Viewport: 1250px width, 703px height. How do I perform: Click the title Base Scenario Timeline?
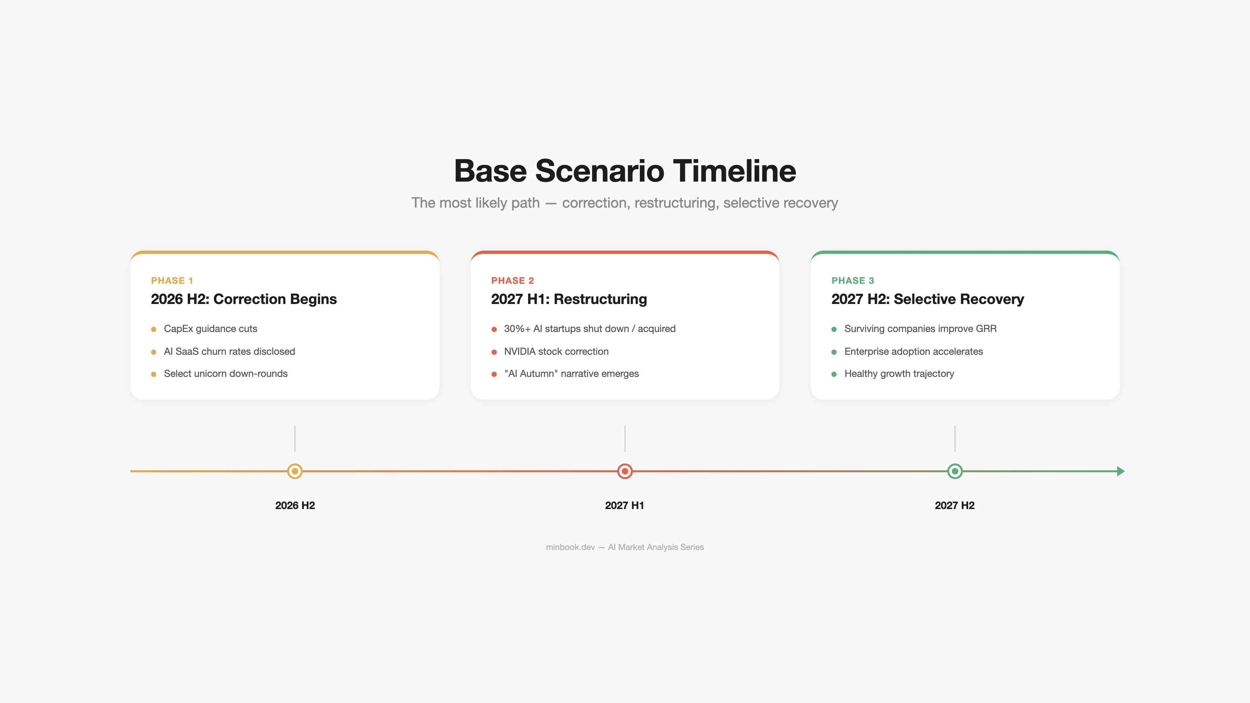[x=625, y=171]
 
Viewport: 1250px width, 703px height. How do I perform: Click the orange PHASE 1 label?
[x=172, y=281]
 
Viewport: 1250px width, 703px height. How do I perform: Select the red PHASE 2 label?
[x=512, y=281]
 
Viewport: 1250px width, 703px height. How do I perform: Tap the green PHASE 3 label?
[x=853, y=281]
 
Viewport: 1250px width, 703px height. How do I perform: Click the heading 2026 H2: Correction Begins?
[x=243, y=299]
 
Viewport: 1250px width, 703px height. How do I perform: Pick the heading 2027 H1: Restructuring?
[x=569, y=299]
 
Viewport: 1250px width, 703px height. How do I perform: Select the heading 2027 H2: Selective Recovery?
[x=927, y=299]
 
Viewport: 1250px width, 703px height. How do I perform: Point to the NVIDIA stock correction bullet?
[x=556, y=351]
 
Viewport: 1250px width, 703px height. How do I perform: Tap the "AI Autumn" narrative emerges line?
[x=571, y=374]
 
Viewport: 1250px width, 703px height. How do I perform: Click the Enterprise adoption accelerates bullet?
[x=913, y=351]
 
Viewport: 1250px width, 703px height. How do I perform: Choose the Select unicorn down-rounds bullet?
[x=226, y=374]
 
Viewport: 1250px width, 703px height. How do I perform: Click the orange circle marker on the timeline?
[x=295, y=471]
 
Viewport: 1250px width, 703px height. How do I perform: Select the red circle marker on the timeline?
[x=625, y=471]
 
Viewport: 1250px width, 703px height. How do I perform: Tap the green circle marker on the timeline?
[x=954, y=471]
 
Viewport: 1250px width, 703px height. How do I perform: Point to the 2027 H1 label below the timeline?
[x=625, y=505]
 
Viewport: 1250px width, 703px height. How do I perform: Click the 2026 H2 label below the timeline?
[x=295, y=505]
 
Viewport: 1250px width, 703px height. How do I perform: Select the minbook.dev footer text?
[x=570, y=547]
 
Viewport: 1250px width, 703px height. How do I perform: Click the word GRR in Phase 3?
[x=986, y=328]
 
